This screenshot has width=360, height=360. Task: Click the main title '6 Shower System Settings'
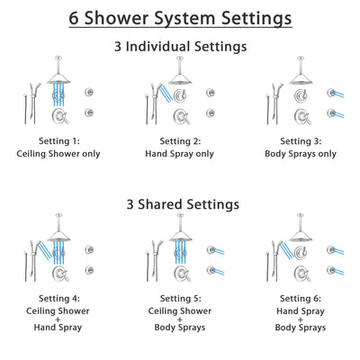[180, 17]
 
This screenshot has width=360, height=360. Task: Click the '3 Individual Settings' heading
[180, 45]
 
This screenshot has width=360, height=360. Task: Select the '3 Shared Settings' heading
[180, 204]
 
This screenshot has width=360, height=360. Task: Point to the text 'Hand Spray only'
[180, 153]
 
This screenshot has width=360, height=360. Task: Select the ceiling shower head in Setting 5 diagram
[181, 240]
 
